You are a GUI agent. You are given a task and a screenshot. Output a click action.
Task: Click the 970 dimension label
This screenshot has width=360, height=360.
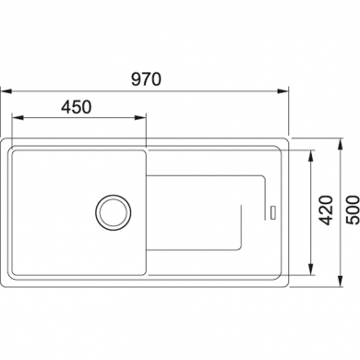(x=146, y=79)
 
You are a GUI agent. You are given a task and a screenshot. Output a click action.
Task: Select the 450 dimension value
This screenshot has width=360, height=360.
(x=77, y=107)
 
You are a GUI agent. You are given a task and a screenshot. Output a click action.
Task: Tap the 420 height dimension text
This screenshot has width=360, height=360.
(x=326, y=210)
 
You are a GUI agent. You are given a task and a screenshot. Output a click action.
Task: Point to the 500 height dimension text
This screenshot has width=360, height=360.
(x=353, y=210)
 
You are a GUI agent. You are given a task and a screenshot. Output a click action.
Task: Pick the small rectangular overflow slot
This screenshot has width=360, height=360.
(x=273, y=212)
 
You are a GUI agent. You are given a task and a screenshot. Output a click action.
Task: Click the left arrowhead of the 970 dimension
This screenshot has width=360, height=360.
(x=6, y=91)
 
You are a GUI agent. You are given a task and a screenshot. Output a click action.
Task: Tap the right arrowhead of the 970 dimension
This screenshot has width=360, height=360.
(x=282, y=91)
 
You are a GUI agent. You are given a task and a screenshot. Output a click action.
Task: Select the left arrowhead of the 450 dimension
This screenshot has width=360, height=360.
(x=18, y=117)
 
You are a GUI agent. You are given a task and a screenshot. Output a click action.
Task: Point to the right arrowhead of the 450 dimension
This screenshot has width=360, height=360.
(x=139, y=117)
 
